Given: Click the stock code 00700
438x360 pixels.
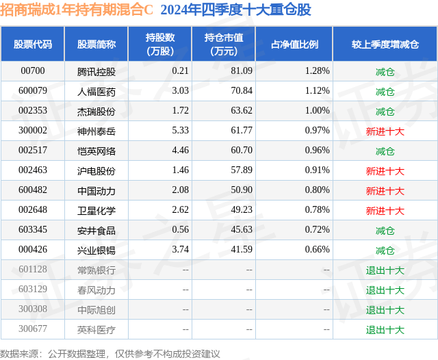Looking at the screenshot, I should (33, 71).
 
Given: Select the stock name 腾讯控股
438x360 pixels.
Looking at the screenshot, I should (96, 71).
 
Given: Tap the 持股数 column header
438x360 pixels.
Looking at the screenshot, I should (160, 44).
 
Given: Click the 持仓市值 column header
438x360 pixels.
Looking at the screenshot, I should (223, 44).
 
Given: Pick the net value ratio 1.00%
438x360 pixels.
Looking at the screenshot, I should (317, 111).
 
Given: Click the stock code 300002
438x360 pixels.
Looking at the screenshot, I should (33, 131).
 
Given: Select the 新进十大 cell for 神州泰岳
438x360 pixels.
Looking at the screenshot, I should (385, 131).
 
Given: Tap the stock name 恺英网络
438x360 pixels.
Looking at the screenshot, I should (96, 151).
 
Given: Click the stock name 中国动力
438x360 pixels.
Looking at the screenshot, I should (96, 190).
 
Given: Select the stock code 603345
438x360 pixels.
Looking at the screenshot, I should (33, 230).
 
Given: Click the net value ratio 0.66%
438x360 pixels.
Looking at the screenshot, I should (317, 250).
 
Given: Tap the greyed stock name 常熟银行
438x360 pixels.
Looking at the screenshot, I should (96, 270).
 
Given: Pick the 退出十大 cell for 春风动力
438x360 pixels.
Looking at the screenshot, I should (385, 290).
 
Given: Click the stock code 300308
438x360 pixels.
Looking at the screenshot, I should (33, 309).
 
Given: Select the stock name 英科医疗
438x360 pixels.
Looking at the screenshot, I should (96, 329).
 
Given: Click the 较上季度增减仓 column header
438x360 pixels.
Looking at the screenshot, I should (385, 44).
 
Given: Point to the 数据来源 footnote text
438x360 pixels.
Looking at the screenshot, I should (110, 353).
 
